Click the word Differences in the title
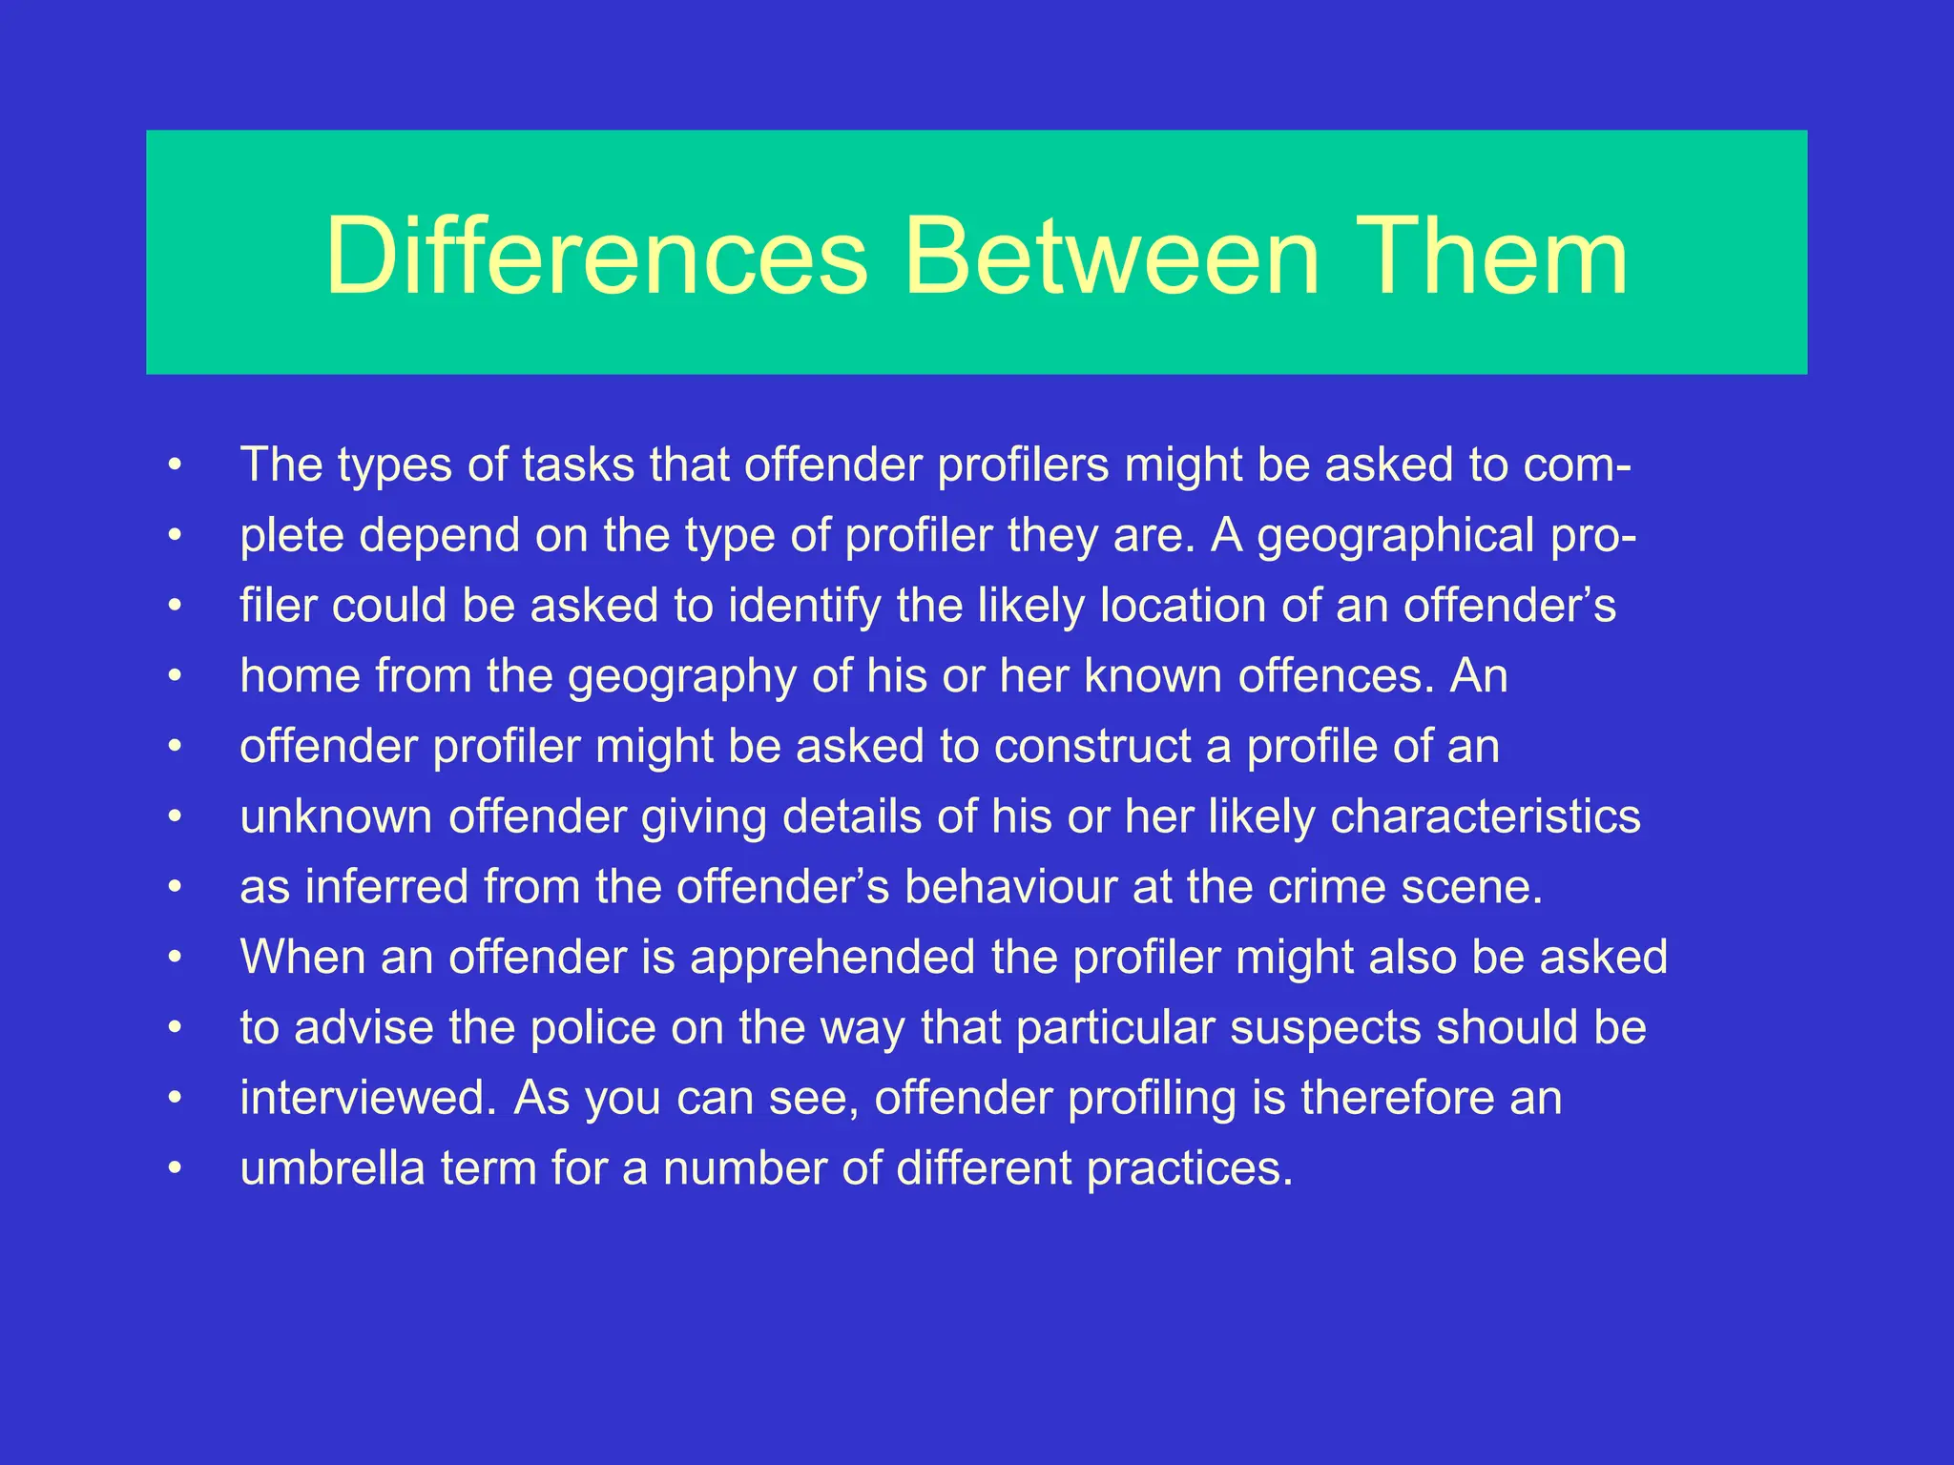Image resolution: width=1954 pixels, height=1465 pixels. pyautogui.click(x=596, y=256)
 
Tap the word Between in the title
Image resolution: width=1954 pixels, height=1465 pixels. pyautogui.click(x=1111, y=256)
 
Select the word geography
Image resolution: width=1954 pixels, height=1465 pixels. pyautogui.click(x=682, y=677)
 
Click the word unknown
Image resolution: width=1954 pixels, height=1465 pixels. pyautogui.click(x=336, y=817)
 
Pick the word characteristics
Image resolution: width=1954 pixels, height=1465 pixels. pyautogui.click(x=1486, y=817)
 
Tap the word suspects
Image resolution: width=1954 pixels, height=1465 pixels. pyautogui.click(x=1325, y=1028)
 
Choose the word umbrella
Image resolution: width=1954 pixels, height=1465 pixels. pyautogui.click(x=332, y=1169)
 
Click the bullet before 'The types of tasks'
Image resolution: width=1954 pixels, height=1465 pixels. pyautogui.click(x=175, y=465)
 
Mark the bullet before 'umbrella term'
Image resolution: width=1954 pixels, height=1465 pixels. pyautogui.click(x=175, y=1169)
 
